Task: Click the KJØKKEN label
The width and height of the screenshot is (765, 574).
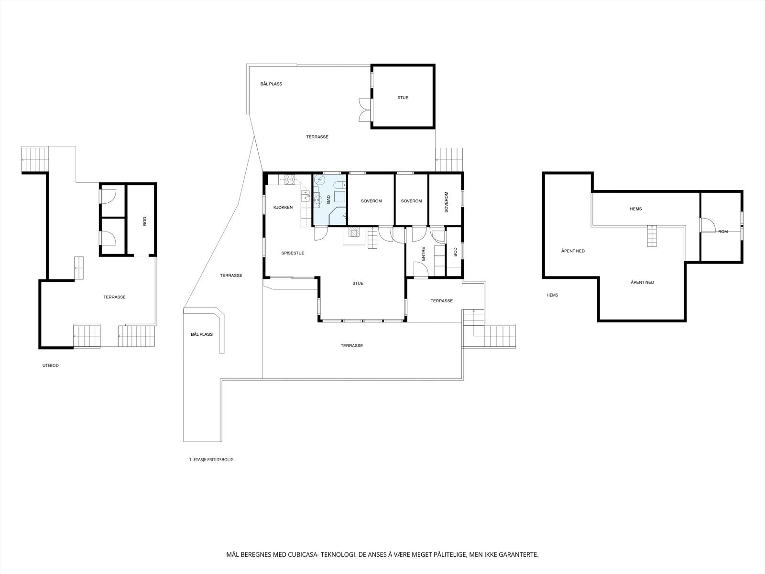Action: [x=283, y=207]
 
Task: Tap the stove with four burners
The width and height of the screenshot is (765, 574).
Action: [x=290, y=179]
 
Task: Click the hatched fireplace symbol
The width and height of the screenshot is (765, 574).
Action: [x=354, y=233]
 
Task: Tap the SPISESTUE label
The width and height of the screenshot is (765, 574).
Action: [x=293, y=253]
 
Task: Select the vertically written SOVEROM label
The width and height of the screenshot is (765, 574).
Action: [x=446, y=202]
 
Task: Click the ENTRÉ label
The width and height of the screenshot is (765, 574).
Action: [x=423, y=254]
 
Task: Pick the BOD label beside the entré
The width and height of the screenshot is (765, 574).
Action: [x=455, y=252]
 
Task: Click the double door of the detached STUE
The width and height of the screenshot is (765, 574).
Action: [x=365, y=110]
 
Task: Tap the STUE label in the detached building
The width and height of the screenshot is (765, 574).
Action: [x=403, y=98]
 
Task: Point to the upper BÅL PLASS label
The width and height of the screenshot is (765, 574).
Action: [x=271, y=84]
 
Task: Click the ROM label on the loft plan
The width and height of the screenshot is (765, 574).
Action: [x=722, y=232]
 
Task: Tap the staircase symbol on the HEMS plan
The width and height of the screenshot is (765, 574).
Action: [x=652, y=236]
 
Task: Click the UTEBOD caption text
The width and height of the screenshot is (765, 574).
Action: [x=50, y=365]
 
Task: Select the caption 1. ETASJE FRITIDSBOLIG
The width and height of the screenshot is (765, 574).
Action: [x=211, y=460]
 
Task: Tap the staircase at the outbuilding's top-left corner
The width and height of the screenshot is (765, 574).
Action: [x=35, y=159]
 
